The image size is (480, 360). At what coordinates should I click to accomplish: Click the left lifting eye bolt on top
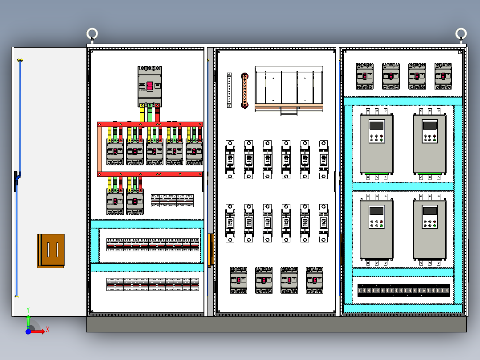point(92,34)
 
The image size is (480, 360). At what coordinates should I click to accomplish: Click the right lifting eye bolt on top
point(461,33)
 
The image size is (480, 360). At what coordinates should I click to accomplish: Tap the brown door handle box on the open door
point(51,251)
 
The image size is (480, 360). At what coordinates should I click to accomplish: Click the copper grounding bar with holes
point(244,90)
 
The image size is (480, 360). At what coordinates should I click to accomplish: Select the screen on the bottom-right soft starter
point(430,211)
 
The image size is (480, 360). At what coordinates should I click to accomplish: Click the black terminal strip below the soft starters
point(403,290)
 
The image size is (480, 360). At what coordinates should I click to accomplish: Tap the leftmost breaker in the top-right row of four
point(365,76)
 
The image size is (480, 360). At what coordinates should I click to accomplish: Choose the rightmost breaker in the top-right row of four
point(443,76)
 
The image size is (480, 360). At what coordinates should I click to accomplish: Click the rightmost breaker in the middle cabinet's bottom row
point(314,280)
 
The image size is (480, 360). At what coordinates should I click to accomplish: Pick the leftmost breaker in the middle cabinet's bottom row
point(239,280)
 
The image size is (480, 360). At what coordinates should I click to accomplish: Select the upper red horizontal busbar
point(150,124)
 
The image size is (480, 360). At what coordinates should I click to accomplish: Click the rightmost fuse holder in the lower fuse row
point(324,223)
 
